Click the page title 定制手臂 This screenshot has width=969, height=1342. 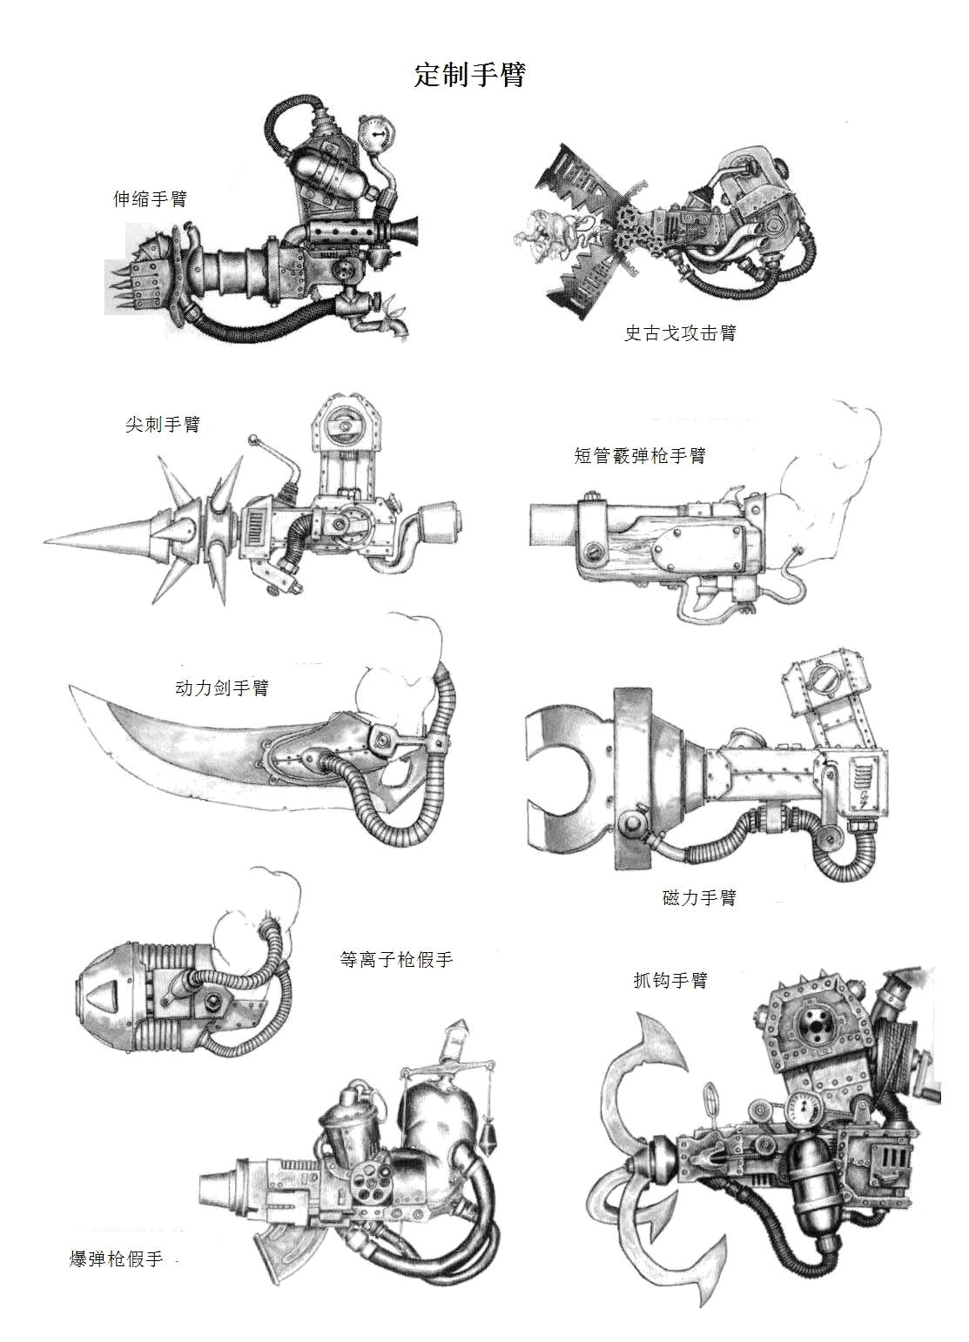pos(470,75)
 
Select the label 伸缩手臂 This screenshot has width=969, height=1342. pos(150,199)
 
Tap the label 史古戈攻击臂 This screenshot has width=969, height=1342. pos(680,333)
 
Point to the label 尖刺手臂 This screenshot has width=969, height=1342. pos(163,425)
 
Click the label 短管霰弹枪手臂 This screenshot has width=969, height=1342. pos(640,456)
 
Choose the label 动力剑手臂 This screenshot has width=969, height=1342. pos(222,688)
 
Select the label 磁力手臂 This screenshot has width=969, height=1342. pos(699,898)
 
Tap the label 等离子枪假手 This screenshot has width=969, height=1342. pos(396,960)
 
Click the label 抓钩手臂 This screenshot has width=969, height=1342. pos(670,981)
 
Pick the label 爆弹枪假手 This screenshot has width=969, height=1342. pos(117,1259)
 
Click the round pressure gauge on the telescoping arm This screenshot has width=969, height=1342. pos(374,133)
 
